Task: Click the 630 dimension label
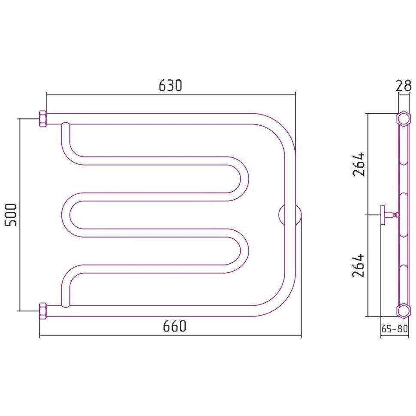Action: (x=170, y=85)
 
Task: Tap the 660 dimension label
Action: (x=175, y=326)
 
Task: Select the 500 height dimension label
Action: (x=11, y=214)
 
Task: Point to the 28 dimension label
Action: (x=404, y=86)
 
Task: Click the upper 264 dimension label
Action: (x=359, y=164)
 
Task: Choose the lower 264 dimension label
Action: (x=359, y=265)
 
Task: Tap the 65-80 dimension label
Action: (x=395, y=329)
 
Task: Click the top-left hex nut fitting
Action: (x=43, y=119)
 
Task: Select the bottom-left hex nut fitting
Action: (x=43, y=310)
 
